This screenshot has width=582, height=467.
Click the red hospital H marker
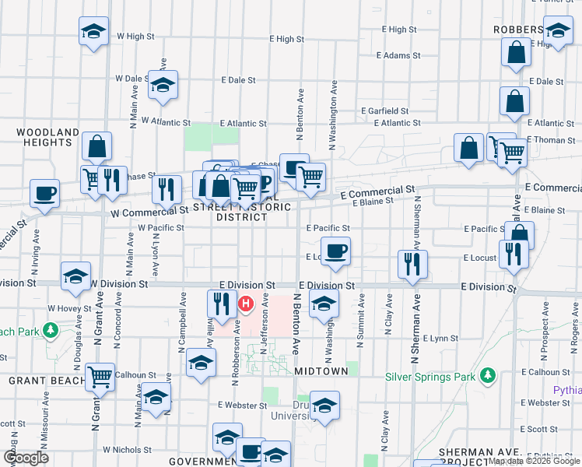[x=246, y=304]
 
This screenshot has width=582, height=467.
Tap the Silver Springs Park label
[x=431, y=377]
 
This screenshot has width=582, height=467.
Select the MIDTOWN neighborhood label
[x=321, y=372]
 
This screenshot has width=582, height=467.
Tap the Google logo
[x=26, y=458]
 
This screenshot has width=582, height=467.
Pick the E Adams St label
[x=398, y=56]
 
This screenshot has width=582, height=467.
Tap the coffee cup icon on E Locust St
[x=335, y=251]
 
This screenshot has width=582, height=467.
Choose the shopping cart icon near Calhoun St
[x=100, y=377]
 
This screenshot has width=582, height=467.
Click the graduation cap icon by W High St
[x=93, y=32]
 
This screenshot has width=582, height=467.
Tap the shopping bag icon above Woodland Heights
[x=96, y=146]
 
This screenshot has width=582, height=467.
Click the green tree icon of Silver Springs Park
[x=488, y=377]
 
